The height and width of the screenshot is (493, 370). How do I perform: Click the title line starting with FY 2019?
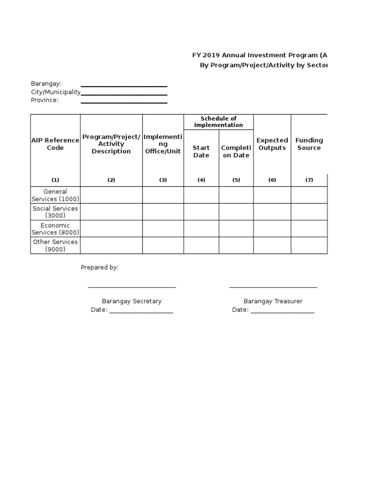coord(260,55)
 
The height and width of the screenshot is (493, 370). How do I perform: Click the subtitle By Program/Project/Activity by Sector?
coord(263,65)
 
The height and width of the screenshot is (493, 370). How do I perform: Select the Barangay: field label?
coord(46,84)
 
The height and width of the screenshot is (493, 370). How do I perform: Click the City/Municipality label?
coord(55,92)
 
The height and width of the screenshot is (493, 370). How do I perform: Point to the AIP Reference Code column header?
coord(55,144)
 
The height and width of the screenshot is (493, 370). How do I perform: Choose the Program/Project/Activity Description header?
coord(111,144)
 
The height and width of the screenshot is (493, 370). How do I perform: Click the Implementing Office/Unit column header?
coord(163,144)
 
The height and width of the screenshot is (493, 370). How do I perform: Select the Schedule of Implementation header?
coord(218,122)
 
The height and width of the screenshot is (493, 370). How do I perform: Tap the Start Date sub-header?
coord(201,152)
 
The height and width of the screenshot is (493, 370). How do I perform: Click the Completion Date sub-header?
coord(236,152)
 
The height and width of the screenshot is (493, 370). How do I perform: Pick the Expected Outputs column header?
coord(272,144)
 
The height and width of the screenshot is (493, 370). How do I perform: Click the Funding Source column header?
coord(309,144)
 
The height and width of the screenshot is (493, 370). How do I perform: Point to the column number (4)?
coord(201,180)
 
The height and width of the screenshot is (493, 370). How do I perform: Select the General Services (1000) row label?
coord(55,195)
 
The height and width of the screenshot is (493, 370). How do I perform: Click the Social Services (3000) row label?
coord(55,212)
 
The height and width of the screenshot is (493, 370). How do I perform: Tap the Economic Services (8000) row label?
coord(55,229)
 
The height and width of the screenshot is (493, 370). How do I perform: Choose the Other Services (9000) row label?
coord(55,246)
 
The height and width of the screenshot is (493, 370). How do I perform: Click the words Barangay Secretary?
coord(132,301)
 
